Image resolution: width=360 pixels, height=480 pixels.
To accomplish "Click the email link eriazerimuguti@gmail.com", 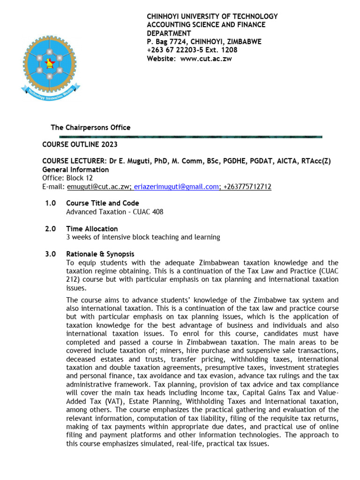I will [176, 187].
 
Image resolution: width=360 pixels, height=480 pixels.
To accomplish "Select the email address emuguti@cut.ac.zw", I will [98, 187].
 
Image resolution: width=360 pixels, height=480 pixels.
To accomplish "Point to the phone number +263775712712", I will [247, 187].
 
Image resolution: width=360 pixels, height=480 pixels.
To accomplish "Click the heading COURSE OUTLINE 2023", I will [80, 144].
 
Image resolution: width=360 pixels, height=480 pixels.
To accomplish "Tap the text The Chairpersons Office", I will [90, 127].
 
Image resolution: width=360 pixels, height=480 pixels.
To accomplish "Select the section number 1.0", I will [50, 203].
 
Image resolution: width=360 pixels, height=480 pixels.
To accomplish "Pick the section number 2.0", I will [50, 229].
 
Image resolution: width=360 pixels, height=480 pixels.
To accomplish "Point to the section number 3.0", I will [50, 254].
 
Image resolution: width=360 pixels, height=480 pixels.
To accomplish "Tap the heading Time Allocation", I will [92, 229].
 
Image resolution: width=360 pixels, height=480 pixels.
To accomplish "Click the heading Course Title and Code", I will [102, 203].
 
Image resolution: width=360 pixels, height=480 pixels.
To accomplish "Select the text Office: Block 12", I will [67, 178].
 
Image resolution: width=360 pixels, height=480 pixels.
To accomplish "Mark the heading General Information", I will [75, 170].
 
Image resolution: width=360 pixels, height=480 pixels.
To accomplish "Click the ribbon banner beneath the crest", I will [50, 93].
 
